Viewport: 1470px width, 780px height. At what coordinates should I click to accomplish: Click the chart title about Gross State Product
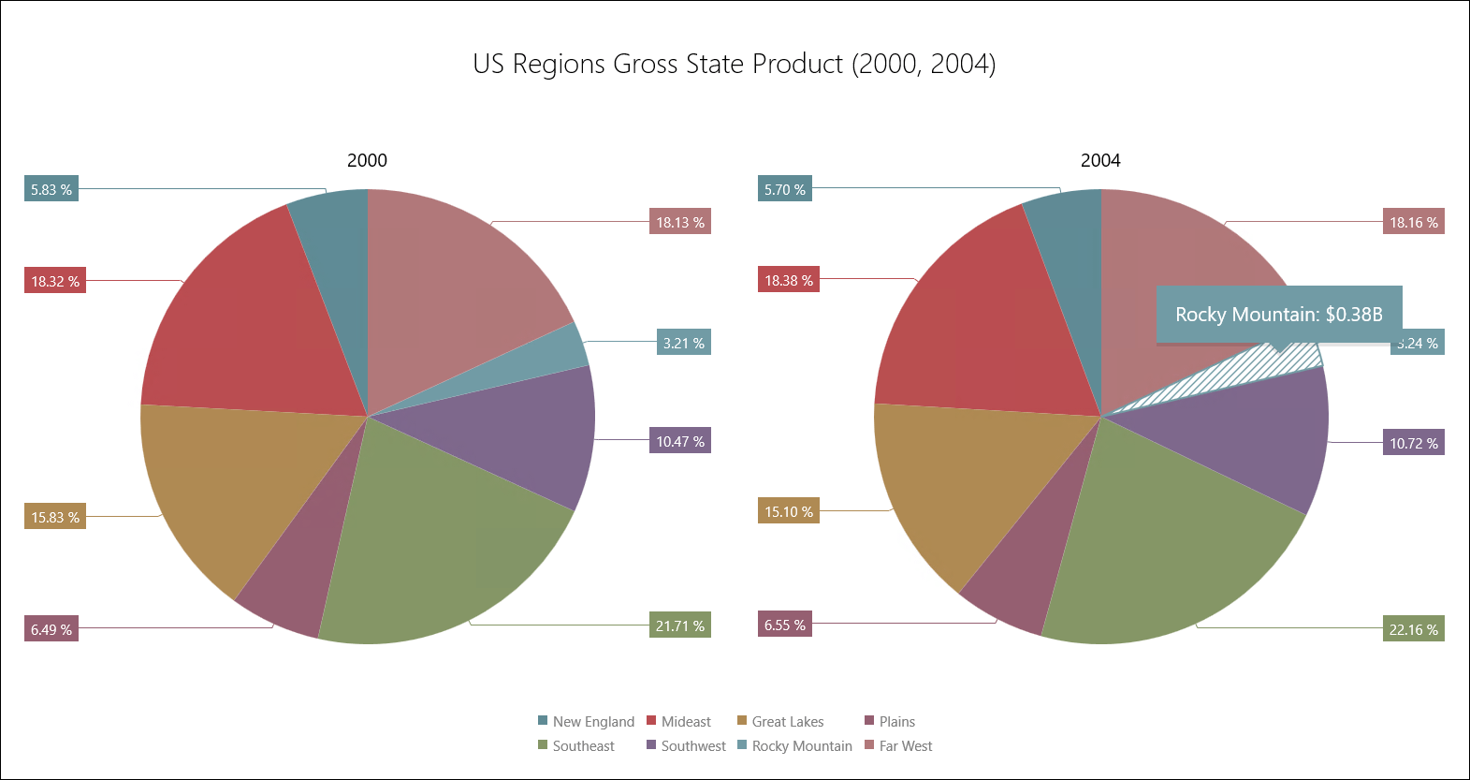click(734, 64)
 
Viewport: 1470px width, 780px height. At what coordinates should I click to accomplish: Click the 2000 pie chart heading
click(367, 160)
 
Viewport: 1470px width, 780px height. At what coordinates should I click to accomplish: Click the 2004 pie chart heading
click(1100, 160)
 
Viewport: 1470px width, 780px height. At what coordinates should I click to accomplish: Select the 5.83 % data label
click(51, 189)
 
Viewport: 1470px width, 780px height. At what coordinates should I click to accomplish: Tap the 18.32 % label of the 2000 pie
click(55, 281)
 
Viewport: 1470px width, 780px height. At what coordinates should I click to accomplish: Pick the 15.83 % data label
click(55, 517)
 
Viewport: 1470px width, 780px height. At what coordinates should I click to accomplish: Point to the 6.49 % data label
click(51, 629)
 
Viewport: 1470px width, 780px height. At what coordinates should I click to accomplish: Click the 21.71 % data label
click(680, 625)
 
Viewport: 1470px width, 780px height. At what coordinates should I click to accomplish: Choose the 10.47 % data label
click(680, 441)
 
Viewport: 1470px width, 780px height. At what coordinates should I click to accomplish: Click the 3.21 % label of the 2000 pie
click(684, 343)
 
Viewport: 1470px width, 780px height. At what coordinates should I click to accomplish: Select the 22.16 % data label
click(1414, 629)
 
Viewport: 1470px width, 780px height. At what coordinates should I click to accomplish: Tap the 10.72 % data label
click(1414, 443)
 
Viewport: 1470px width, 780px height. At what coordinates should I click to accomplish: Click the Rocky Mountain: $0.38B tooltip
click(1279, 314)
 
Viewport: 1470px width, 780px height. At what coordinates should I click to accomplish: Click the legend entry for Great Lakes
click(787, 721)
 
